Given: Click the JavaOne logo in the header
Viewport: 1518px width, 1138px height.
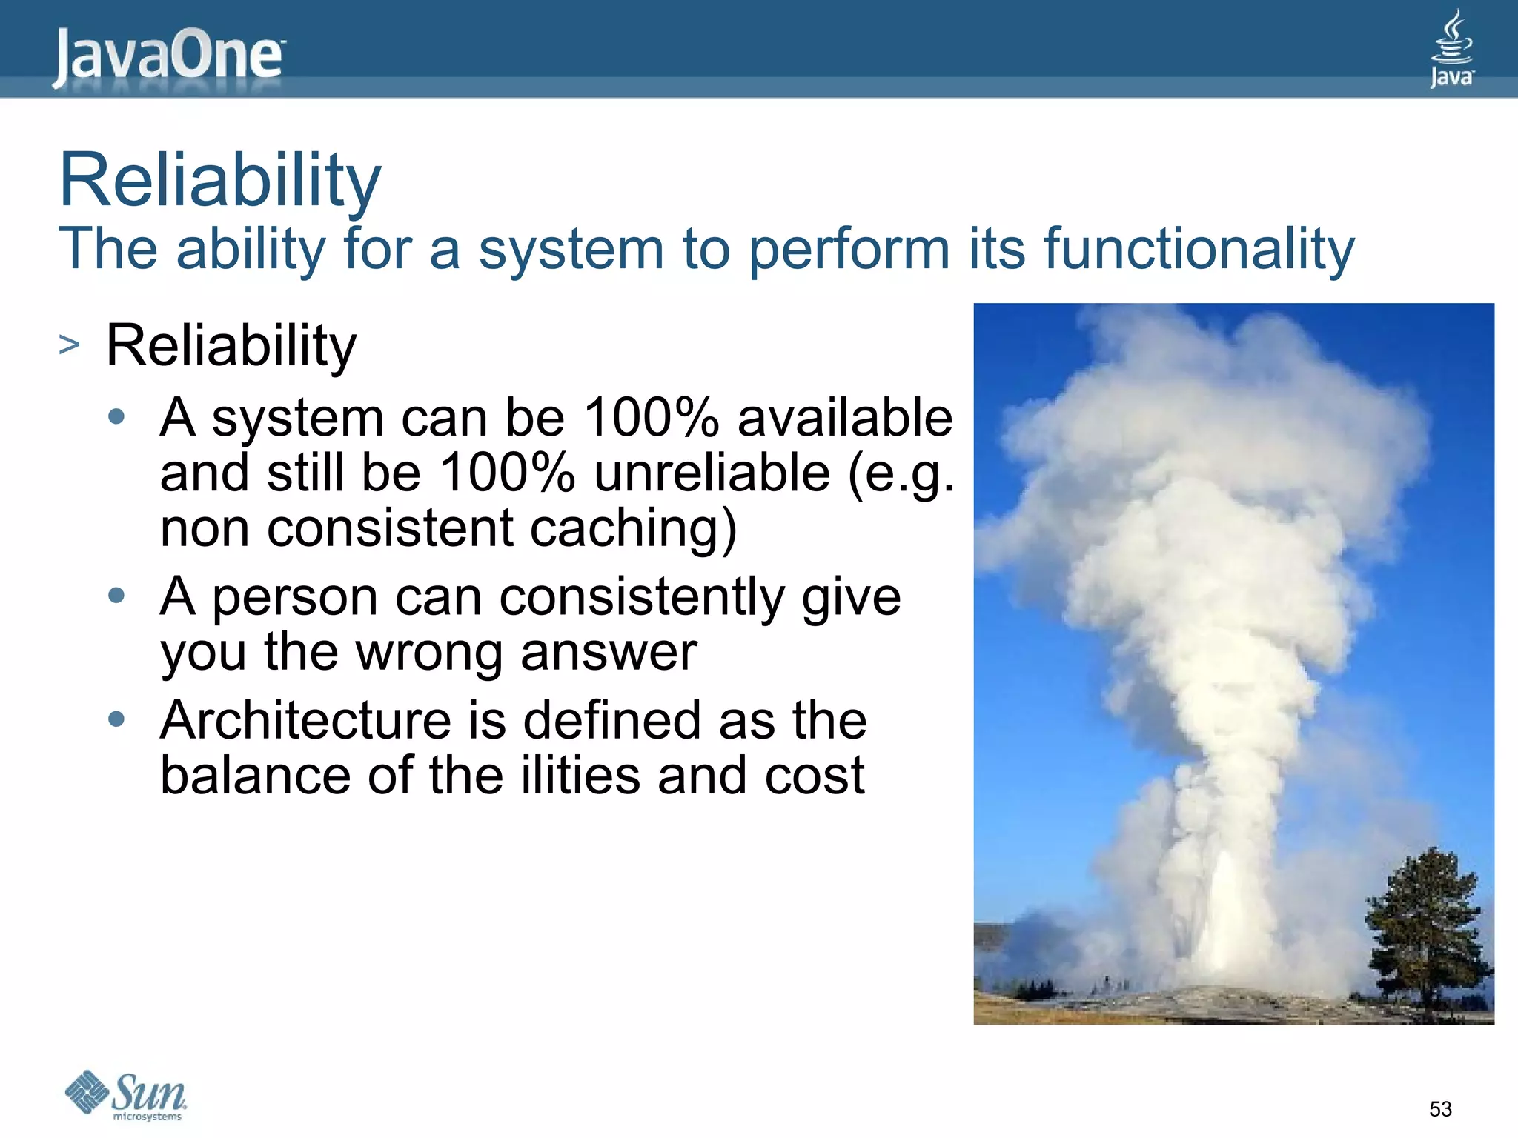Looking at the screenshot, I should [x=169, y=56].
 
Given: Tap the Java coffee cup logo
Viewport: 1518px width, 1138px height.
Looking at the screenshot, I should [x=1451, y=48].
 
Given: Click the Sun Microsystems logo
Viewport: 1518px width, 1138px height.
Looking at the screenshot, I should [x=126, y=1095].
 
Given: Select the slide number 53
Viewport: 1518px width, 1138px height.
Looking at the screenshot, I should [x=1439, y=1109].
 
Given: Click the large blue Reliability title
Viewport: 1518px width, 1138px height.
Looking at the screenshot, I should [x=219, y=181].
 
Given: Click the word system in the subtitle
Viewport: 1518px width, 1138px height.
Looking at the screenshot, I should [x=570, y=250].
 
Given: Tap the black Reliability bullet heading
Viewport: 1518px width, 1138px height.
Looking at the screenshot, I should [x=231, y=346].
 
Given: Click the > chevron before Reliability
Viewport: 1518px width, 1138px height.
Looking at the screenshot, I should [x=69, y=345].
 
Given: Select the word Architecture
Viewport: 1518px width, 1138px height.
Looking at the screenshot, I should [x=305, y=720].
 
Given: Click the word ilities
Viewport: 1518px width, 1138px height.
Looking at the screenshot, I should [x=580, y=776].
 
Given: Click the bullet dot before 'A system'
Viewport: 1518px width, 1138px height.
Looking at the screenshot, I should [x=116, y=416].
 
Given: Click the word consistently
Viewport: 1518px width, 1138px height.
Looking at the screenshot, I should [x=641, y=597].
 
